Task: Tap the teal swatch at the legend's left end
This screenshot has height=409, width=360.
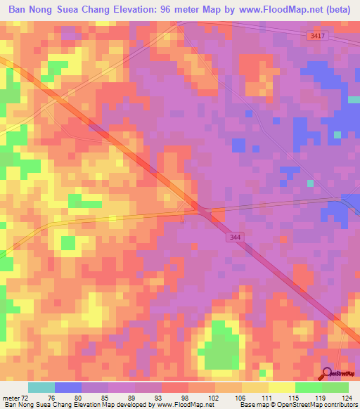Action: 41,387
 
